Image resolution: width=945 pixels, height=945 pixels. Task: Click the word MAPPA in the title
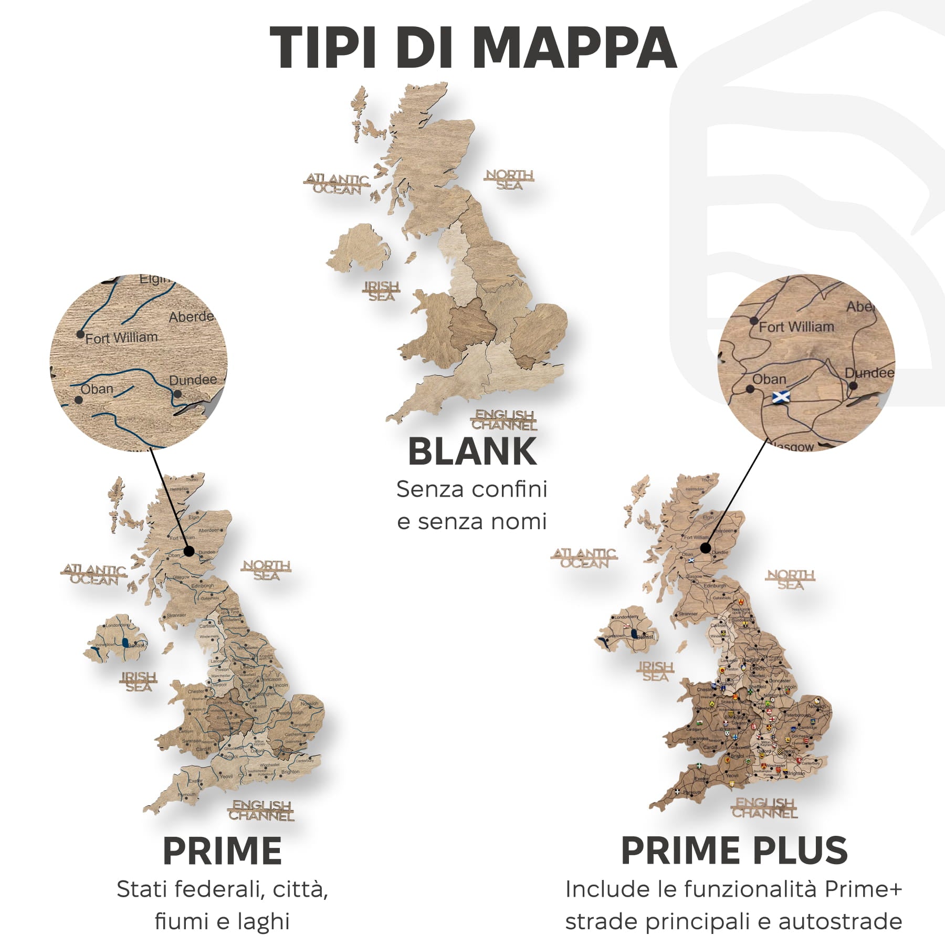click(x=574, y=47)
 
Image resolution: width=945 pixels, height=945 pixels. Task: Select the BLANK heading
click(x=472, y=451)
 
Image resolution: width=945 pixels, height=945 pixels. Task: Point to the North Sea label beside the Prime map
click(x=266, y=570)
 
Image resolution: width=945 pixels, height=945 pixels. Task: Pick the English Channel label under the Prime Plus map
click(x=765, y=808)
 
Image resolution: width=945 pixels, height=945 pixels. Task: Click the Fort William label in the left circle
click(x=121, y=338)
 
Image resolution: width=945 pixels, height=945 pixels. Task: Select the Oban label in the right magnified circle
click(x=769, y=379)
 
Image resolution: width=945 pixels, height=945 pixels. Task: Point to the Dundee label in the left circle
click(x=193, y=380)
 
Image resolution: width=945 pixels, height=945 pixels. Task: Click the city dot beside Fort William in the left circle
click(x=80, y=334)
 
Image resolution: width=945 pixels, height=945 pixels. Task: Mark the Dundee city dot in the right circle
click(x=853, y=386)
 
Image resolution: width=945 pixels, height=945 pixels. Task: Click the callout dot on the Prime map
click(x=189, y=551)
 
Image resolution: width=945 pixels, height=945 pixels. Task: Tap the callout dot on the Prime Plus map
click(x=706, y=548)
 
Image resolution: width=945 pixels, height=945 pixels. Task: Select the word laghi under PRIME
click(x=263, y=921)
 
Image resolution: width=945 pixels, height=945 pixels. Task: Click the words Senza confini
click(x=471, y=489)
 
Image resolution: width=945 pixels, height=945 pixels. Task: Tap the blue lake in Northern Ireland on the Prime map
click(x=124, y=642)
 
